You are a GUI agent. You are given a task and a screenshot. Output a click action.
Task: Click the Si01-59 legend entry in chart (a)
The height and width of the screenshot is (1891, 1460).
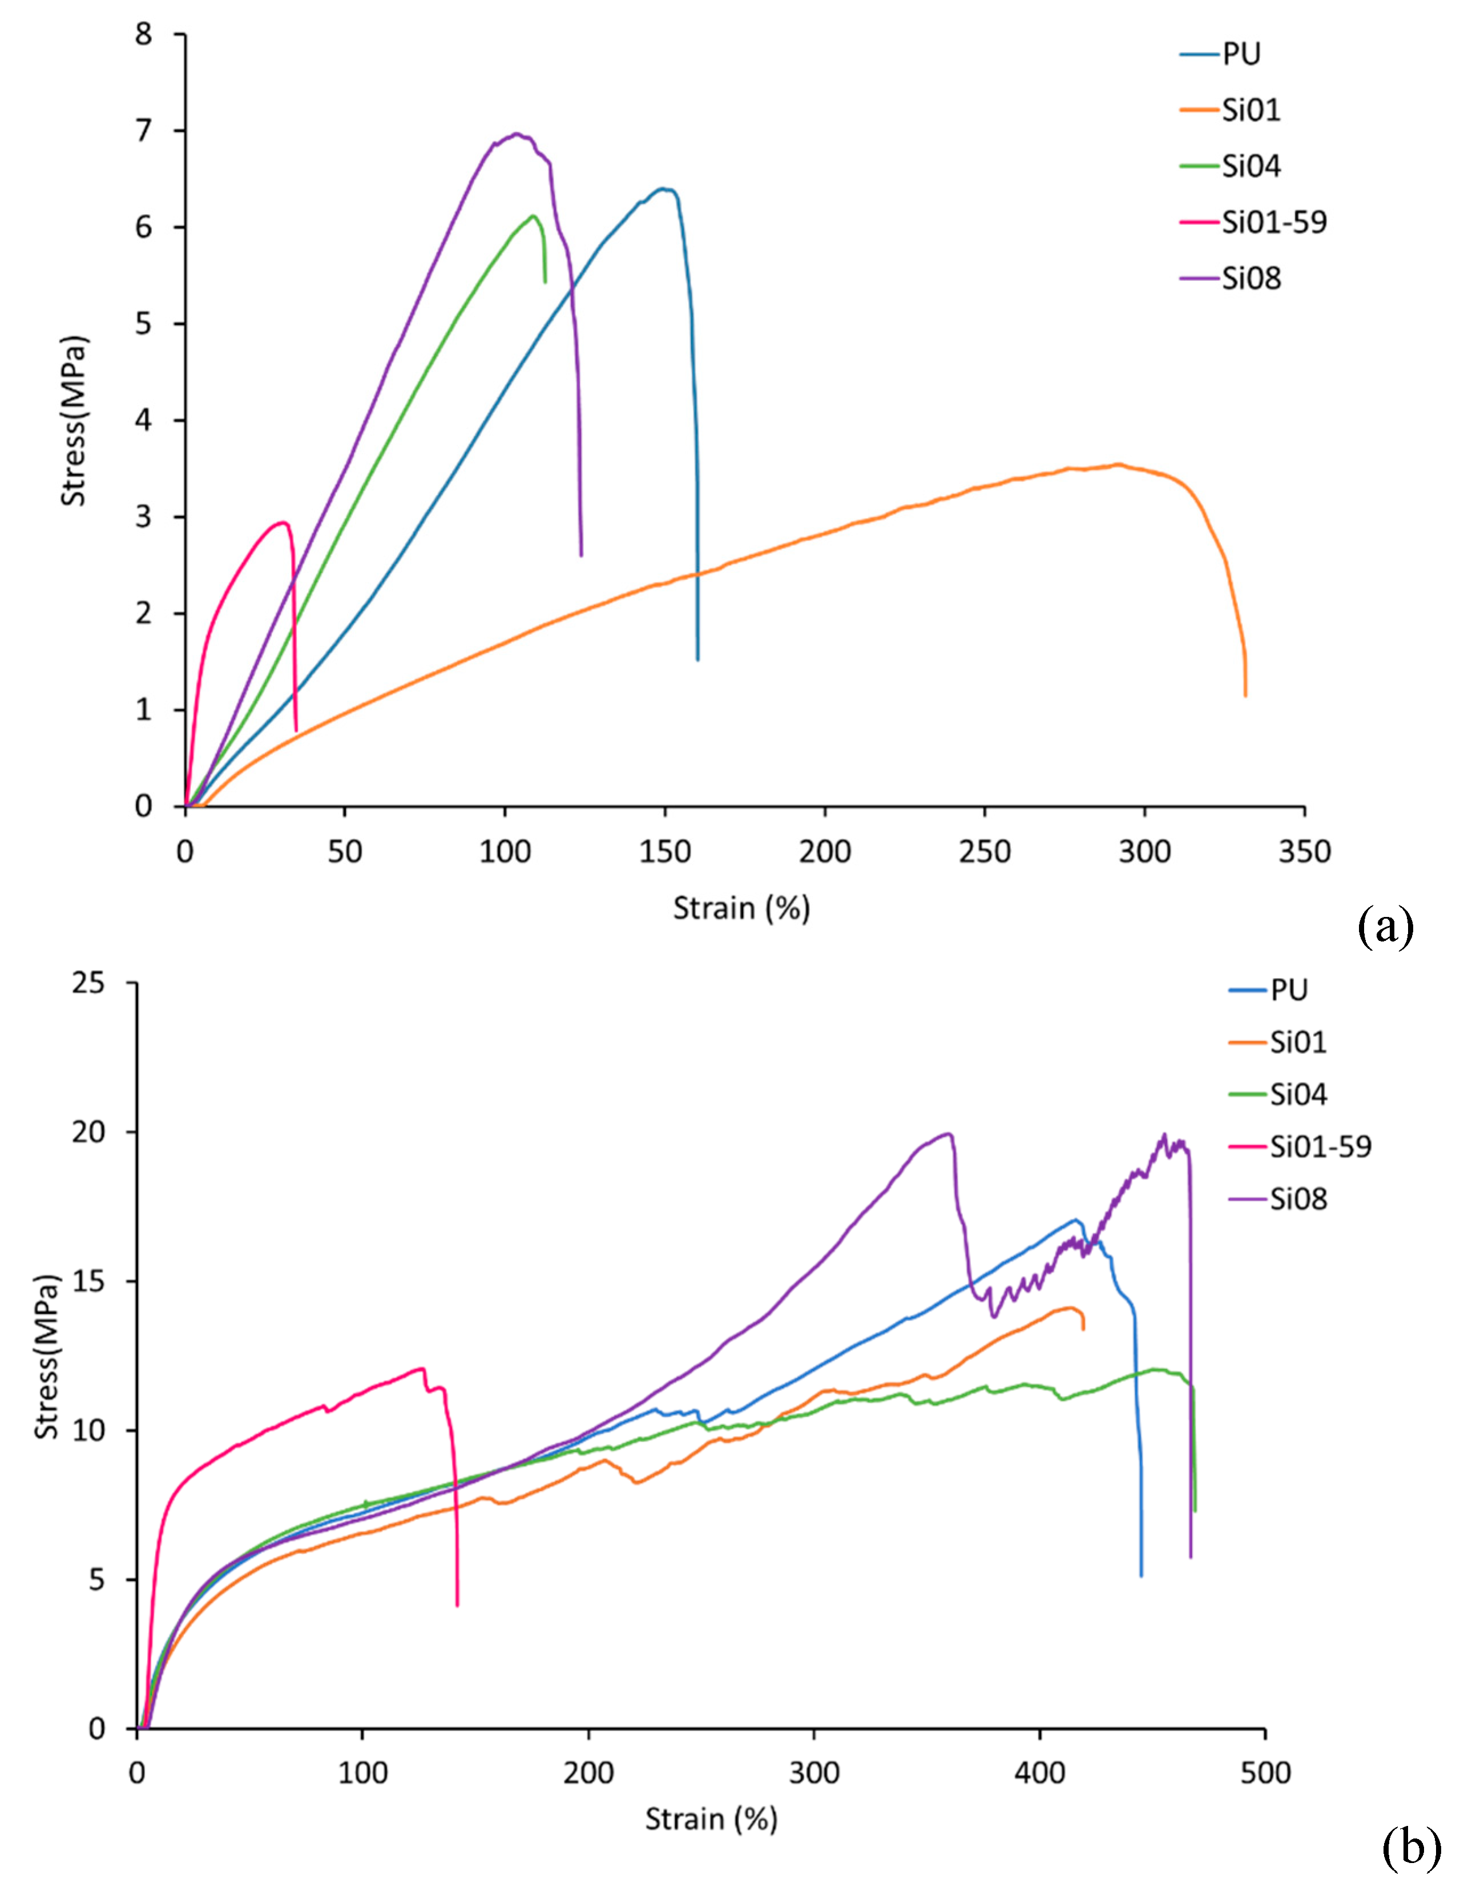click(1273, 223)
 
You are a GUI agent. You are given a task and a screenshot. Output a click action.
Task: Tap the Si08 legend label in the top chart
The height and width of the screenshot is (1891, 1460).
click(1251, 279)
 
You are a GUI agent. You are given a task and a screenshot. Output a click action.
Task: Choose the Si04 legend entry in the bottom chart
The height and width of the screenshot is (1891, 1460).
click(1297, 1095)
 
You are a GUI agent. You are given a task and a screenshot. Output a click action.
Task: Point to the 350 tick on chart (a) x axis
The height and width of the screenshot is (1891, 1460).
click(1304, 852)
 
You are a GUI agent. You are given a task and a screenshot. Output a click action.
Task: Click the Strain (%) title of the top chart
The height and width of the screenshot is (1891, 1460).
click(741, 908)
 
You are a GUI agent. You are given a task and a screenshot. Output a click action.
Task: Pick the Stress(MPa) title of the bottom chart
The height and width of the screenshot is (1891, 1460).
click(47, 1357)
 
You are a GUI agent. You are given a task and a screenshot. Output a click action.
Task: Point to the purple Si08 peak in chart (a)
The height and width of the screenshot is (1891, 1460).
click(517, 134)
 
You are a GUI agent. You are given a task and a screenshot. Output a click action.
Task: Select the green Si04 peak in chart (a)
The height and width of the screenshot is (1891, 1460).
click(533, 216)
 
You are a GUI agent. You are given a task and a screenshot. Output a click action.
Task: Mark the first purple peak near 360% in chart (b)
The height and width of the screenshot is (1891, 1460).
click(949, 1133)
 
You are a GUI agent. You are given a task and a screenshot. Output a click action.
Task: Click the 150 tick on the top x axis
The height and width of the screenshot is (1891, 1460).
click(665, 852)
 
